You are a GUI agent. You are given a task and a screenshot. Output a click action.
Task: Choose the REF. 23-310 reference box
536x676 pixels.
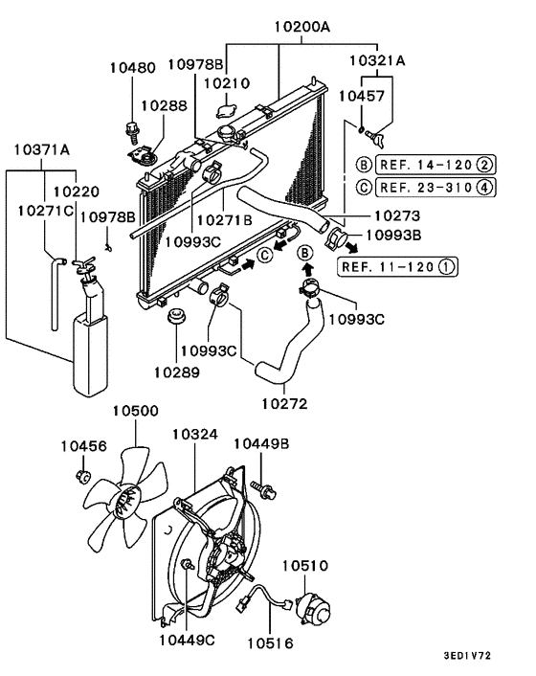coord(425,187)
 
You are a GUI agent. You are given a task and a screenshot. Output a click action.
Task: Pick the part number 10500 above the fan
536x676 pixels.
coord(135,411)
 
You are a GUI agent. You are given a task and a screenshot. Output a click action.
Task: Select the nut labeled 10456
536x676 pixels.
coord(83,475)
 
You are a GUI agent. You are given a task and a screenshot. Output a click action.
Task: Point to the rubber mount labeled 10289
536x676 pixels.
coord(175,318)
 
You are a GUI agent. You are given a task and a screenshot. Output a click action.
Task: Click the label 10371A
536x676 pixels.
coord(43,148)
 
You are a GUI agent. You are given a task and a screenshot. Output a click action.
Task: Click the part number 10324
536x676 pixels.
coord(196,435)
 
